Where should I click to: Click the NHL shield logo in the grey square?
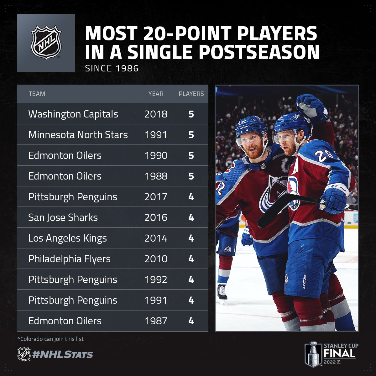(x=46, y=43)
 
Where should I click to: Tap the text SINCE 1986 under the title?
(x=112, y=69)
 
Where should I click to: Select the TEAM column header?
(x=37, y=94)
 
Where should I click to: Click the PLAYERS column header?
(x=191, y=94)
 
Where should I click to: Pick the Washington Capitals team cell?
(x=73, y=114)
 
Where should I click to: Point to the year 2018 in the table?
(x=156, y=114)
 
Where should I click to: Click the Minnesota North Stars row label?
(x=78, y=135)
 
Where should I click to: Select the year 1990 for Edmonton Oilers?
(x=156, y=155)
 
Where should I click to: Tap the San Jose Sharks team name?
(x=63, y=218)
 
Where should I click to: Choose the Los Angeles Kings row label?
(x=67, y=238)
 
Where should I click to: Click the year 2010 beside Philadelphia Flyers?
(x=156, y=259)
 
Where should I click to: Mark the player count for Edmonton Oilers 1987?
(x=191, y=321)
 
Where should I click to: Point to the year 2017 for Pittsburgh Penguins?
(x=156, y=197)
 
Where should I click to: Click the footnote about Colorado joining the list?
(x=50, y=339)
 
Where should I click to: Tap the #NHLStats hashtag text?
(x=62, y=354)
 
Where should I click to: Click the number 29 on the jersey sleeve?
(x=323, y=156)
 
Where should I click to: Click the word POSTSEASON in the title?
(x=223, y=52)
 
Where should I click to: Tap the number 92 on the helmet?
(x=244, y=122)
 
